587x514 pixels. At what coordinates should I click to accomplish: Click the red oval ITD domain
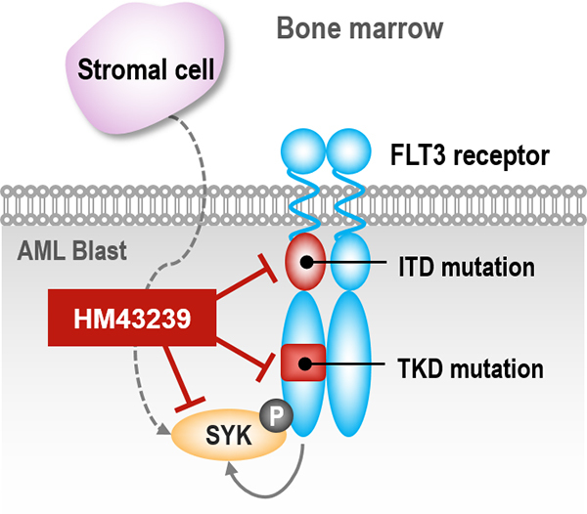pos(306,262)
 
